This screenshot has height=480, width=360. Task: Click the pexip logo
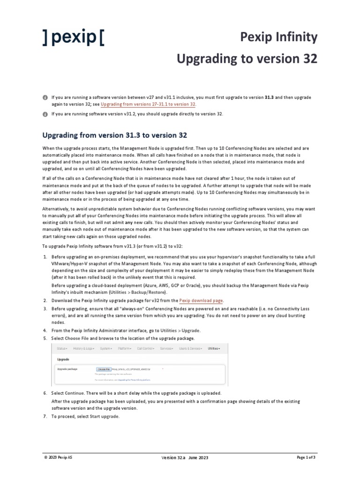point(73,37)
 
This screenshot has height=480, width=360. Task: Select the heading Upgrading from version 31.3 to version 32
point(114,135)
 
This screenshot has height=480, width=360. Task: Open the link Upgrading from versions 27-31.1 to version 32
point(149,104)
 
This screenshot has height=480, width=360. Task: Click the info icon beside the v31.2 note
point(45,114)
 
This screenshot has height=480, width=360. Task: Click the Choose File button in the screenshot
point(104,369)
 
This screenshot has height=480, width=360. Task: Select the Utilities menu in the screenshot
point(214,349)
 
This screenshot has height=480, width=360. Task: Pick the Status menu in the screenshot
point(62,349)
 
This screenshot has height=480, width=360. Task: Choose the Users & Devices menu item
point(191,349)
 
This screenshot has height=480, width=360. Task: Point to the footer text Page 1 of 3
point(307,457)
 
